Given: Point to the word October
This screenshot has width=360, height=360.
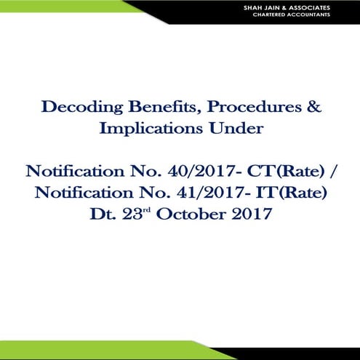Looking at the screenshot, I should click(x=206, y=215).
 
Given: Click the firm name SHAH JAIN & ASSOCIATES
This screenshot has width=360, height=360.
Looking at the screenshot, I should click(x=301, y=7).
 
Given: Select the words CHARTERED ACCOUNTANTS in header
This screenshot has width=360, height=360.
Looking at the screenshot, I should click(x=301, y=14).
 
